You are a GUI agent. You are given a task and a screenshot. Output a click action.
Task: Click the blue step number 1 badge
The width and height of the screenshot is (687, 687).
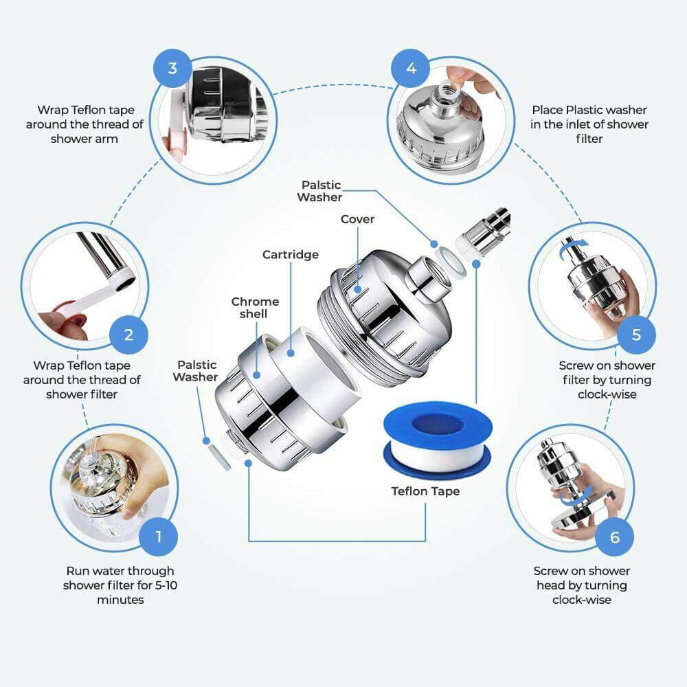[x=158, y=536]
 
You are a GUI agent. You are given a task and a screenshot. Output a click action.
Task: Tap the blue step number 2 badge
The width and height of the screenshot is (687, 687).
[x=128, y=335]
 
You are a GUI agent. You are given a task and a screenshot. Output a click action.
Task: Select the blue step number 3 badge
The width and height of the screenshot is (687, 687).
[x=172, y=68]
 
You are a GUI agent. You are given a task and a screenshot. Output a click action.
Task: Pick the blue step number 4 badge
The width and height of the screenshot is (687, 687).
[x=411, y=68]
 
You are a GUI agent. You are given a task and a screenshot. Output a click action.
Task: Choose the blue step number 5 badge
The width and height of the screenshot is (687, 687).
[x=636, y=335]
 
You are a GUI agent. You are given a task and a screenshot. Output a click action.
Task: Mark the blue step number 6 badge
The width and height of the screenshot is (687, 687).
[x=615, y=536]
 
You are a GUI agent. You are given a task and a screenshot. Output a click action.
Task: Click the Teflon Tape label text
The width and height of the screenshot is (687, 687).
[x=425, y=491]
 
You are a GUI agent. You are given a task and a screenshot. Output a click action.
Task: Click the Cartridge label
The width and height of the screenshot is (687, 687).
[x=291, y=255]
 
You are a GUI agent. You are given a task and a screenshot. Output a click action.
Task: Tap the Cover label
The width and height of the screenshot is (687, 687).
[x=358, y=219]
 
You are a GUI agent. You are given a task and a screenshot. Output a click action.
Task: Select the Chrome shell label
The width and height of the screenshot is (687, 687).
[x=255, y=308]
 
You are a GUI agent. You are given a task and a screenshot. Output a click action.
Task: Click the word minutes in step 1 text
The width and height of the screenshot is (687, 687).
[x=120, y=600]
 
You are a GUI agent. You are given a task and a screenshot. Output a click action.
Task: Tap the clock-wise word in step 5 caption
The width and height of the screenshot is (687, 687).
[x=607, y=394]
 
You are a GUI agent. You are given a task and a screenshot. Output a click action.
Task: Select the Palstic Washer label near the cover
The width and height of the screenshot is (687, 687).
[x=319, y=191]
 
